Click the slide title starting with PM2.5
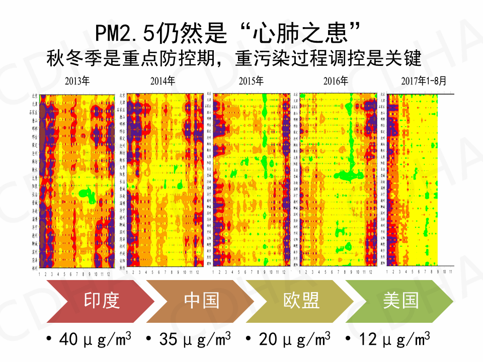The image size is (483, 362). point(229,34)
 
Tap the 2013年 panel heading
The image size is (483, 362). point(76,81)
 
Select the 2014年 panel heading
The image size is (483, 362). point(163,81)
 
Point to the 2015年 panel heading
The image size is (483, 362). point(250,81)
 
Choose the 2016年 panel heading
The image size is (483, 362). point(336,81)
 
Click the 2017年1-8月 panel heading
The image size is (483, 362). point(423,81)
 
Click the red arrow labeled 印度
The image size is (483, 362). point(101,301)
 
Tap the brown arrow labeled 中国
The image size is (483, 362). point(201,301)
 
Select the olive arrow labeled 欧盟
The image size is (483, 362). point(301,301)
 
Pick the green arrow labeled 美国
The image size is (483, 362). point(400,301)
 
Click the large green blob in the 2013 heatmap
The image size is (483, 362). point(89,195)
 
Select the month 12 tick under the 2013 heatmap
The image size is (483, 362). point(108,274)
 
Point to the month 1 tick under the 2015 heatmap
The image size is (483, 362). point(214,272)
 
